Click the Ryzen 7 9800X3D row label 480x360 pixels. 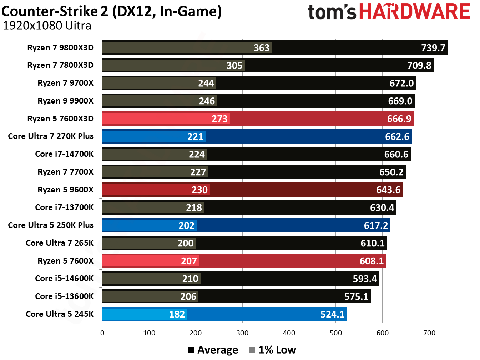[60, 47]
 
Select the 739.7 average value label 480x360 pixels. [433, 48]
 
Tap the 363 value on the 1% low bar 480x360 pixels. [261, 48]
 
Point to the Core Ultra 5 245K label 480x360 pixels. [60, 314]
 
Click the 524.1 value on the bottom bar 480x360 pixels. [332, 314]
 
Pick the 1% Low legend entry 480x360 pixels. [273, 350]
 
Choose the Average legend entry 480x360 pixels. [213, 350]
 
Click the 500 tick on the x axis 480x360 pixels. [336, 333]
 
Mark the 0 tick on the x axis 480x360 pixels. [102, 333]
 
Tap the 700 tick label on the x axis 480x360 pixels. [429, 333]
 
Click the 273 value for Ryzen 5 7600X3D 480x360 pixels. [219, 119]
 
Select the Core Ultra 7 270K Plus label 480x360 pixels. [51, 136]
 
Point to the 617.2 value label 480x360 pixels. [375, 225]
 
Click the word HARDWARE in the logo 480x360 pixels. [414, 11]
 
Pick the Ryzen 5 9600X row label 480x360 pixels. [65, 190]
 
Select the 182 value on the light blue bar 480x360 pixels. [177, 314]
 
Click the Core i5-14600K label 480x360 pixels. [64, 279]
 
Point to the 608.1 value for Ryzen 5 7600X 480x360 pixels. [372, 261]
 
